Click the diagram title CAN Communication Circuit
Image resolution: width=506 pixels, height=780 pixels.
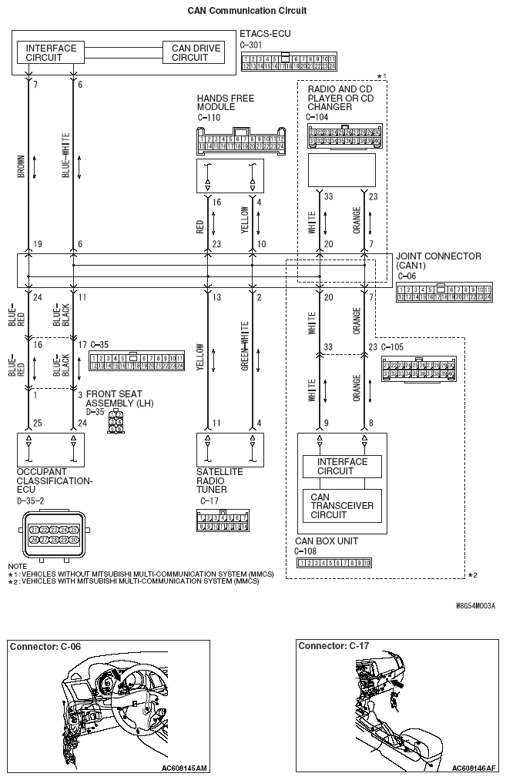247,11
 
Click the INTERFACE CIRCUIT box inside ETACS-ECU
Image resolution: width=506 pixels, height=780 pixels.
51,52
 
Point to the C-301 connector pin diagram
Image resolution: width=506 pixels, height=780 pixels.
288,62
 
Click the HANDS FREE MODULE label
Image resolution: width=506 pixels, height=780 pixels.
225,103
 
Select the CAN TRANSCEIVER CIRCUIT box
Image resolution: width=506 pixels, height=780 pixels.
341,505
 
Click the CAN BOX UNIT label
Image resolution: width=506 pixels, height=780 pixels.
326,541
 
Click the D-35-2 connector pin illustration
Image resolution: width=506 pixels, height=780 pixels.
49,534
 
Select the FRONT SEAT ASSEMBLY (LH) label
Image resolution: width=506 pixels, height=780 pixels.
122,397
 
